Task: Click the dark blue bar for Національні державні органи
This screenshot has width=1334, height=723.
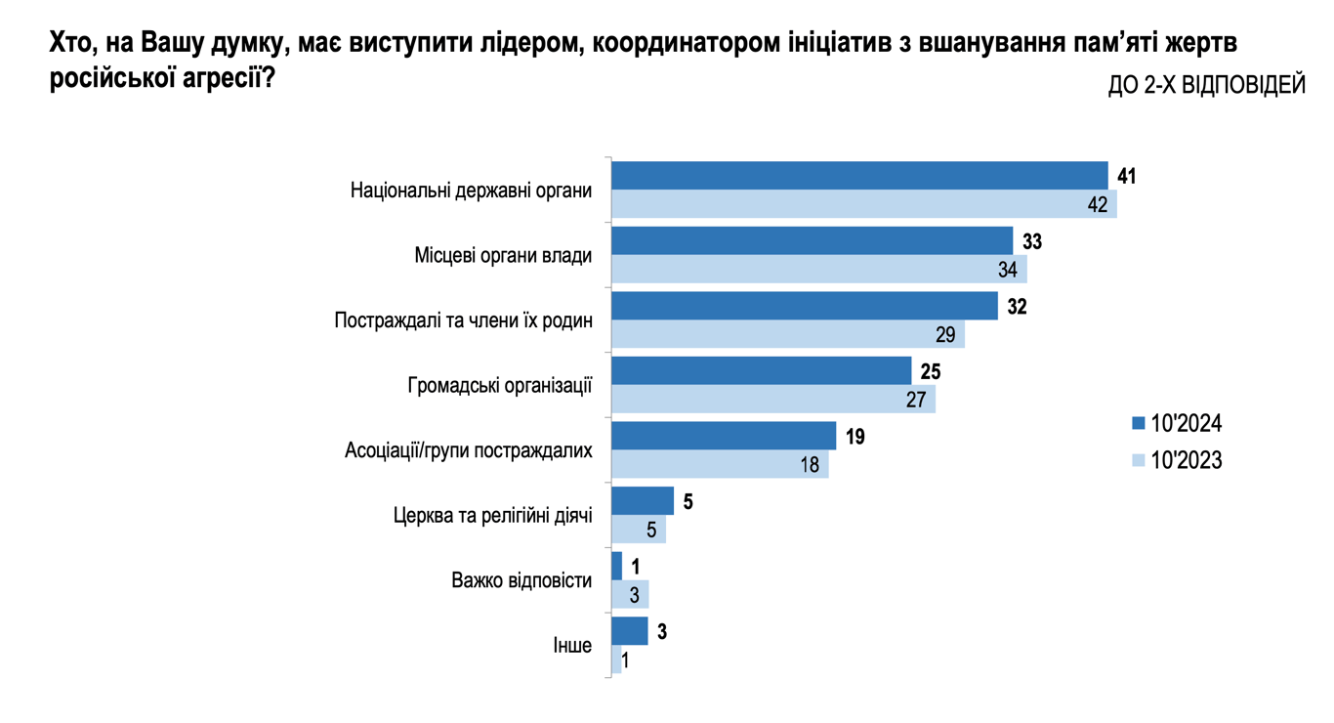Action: coord(859,176)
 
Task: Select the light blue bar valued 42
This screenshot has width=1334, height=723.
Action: coord(863,204)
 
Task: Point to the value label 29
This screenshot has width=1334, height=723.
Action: coord(944,335)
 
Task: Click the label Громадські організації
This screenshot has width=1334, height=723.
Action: coord(499,385)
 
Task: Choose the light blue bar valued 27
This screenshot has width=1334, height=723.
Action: coord(772,400)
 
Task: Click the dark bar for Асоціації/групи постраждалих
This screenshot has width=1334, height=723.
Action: coord(723,436)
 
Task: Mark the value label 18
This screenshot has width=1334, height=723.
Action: coord(810,465)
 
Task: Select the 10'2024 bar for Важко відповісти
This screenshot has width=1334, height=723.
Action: coord(616,566)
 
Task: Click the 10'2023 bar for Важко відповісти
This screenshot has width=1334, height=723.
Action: coord(630,594)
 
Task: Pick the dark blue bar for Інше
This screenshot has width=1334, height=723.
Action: coord(629,631)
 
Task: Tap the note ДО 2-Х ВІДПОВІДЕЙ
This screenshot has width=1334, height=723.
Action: coord(1206,86)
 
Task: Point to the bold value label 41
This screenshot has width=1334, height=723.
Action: coord(1127,177)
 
